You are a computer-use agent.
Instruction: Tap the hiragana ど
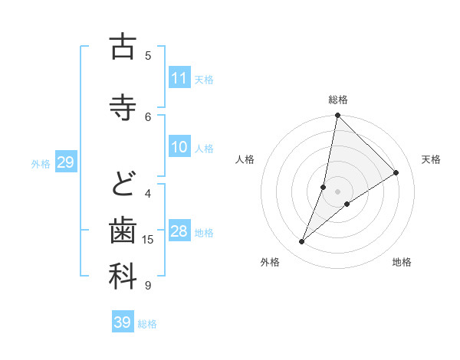coord(123,183)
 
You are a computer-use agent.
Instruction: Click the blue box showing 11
coord(179,78)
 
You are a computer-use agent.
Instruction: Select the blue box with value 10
coord(179,147)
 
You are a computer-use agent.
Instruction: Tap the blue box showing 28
coord(179,231)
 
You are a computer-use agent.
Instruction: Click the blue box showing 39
coord(123,322)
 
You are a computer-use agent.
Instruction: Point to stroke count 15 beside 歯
coord(149,240)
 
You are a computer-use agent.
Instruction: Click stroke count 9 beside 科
coord(149,286)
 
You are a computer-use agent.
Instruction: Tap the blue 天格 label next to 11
coord(204,79)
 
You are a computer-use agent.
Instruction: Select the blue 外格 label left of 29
coord(41,162)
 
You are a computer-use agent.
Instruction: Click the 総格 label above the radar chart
coord(338,100)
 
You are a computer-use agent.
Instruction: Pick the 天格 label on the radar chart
coord(432,159)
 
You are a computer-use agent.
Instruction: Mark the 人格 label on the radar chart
coord(245,159)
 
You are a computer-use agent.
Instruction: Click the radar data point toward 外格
coord(301,242)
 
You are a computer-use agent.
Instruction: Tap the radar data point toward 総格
coord(338,116)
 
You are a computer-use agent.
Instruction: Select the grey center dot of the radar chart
coord(338,191)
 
